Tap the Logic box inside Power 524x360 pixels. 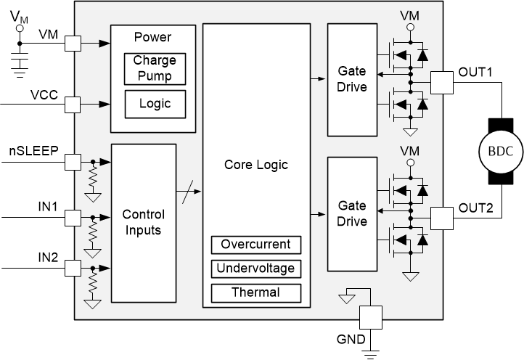154,104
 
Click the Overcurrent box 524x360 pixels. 255,245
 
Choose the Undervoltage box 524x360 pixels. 255,269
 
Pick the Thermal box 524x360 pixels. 255,292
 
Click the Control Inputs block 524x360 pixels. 143,222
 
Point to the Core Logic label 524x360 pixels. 255,165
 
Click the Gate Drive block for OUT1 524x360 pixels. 352,80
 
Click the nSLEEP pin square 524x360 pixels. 74,161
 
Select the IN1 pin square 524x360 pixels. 74,216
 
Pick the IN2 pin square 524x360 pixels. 74,269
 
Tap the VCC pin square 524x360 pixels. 74,105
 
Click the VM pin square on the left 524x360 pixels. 74,44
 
